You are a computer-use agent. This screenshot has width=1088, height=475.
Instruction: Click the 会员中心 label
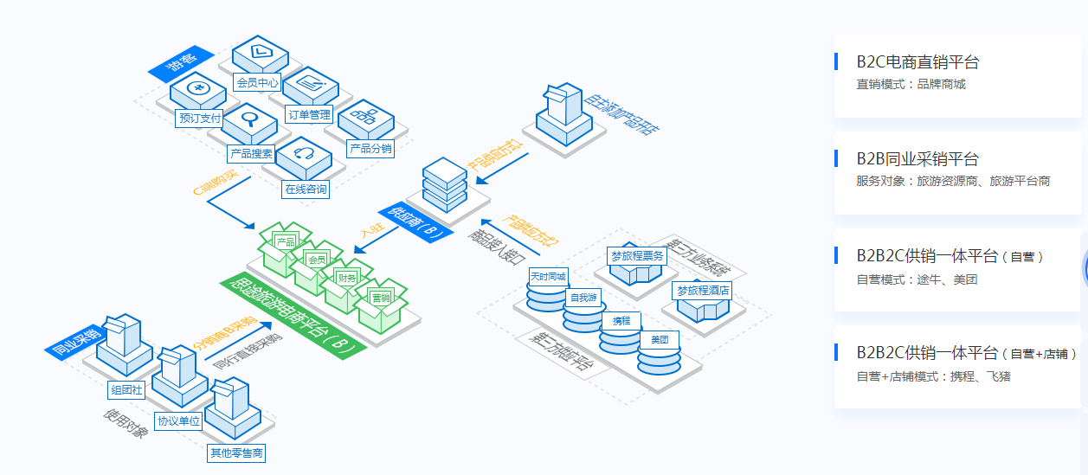pyautogui.click(x=256, y=83)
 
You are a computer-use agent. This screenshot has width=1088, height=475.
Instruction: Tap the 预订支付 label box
pyautogui.click(x=199, y=118)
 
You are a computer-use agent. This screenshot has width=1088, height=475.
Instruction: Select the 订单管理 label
pyautogui.click(x=308, y=114)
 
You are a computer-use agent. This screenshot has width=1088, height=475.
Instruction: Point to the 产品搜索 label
pyautogui.click(x=251, y=154)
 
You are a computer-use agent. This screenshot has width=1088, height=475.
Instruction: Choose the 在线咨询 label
pyautogui.click(x=306, y=189)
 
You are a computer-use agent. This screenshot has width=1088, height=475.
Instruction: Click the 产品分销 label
pyautogui.click(x=370, y=149)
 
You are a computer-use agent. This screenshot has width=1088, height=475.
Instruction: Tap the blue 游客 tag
pyautogui.click(x=181, y=63)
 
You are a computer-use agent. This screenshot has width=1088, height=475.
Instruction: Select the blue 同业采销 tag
pyautogui.click(x=74, y=342)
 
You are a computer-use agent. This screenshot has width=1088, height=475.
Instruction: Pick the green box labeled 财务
pyautogui.click(x=347, y=278)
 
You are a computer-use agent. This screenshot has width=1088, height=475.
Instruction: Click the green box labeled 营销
pyautogui.click(x=379, y=298)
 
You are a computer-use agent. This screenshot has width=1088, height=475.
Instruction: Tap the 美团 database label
pyautogui.click(x=659, y=339)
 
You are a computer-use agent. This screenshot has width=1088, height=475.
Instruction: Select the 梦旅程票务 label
pyautogui.click(x=636, y=256)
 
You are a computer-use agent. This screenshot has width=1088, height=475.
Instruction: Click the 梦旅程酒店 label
pyautogui.click(x=702, y=290)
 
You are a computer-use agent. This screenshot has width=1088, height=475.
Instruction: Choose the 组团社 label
pyautogui.click(x=126, y=389)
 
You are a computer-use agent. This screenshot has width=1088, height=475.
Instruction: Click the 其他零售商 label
pyautogui.click(x=236, y=453)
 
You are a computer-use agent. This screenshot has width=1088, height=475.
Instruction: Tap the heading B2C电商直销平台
pyautogui.click(x=918, y=62)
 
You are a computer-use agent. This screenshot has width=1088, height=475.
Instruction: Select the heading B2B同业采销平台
pyautogui.click(x=917, y=159)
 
